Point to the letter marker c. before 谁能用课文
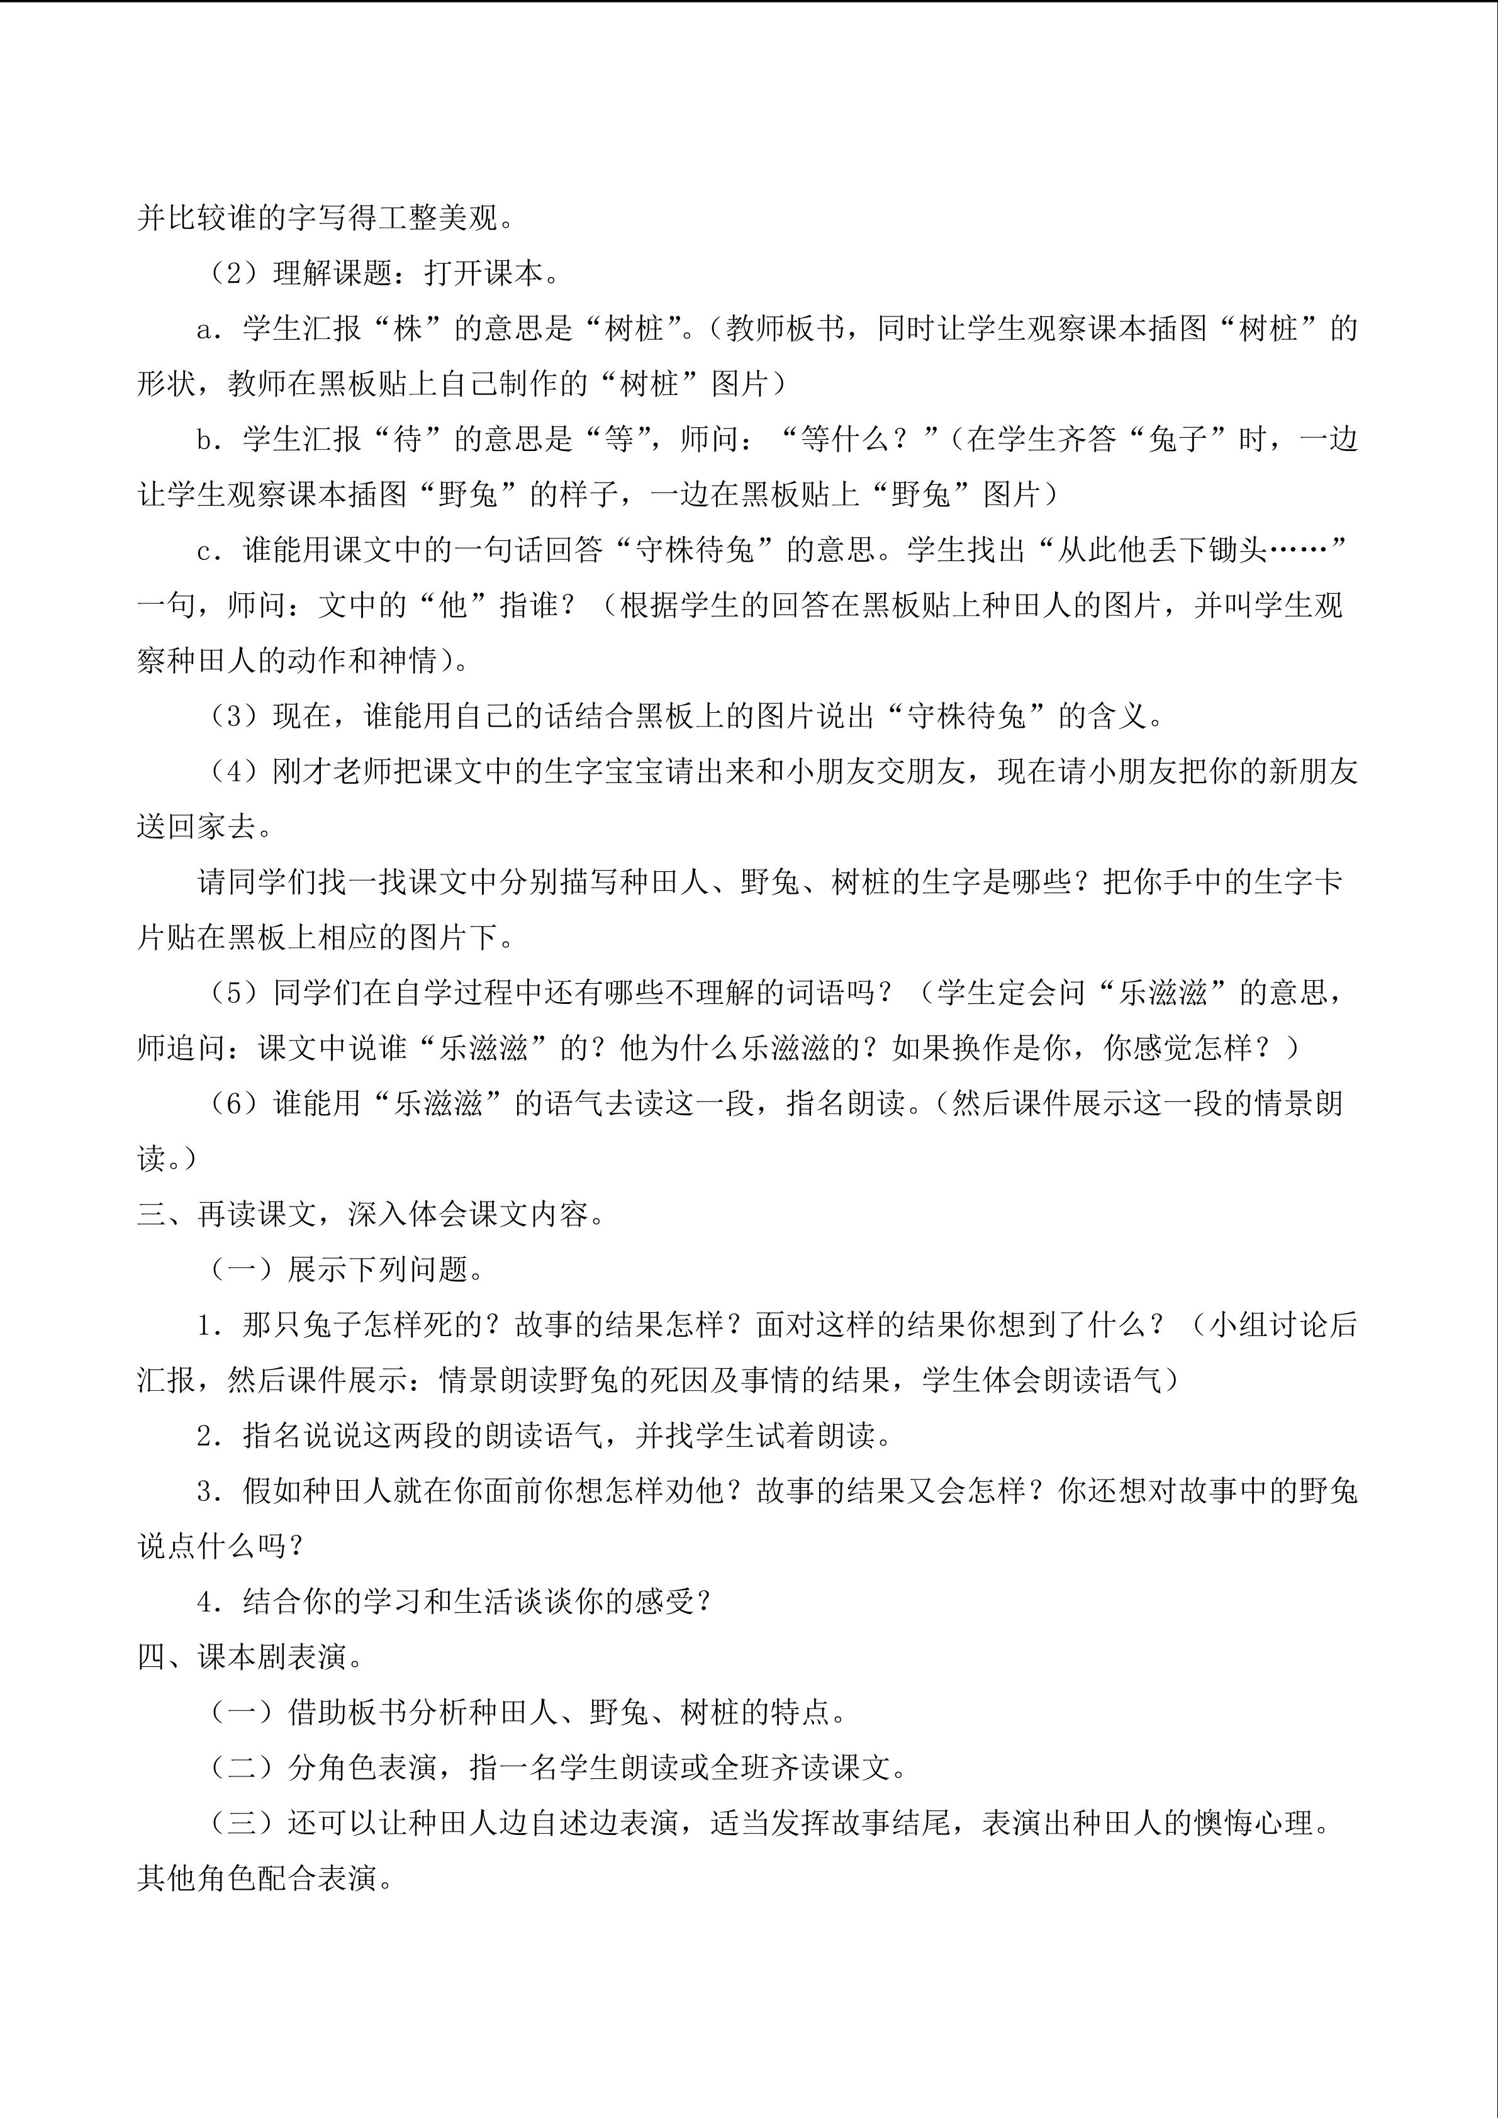click(210, 550)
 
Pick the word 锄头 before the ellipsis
click(1238, 550)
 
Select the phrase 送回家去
click(196, 827)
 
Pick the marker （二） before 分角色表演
click(242, 1768)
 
